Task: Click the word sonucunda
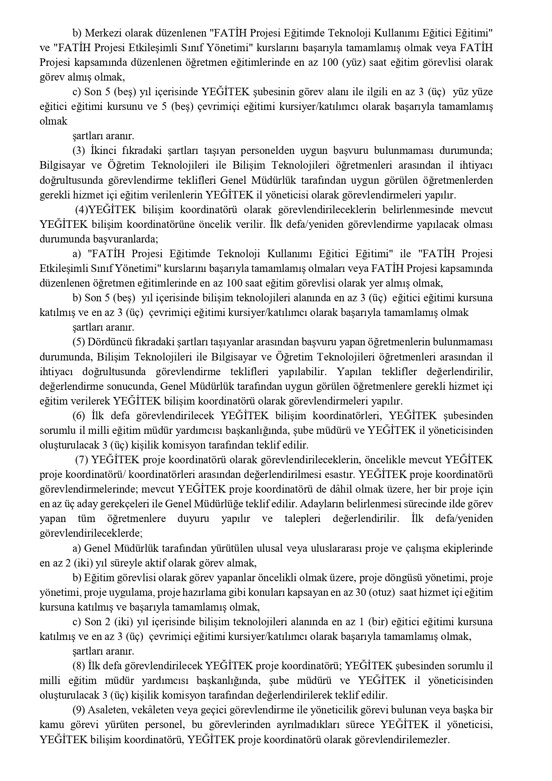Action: click(129, 386)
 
